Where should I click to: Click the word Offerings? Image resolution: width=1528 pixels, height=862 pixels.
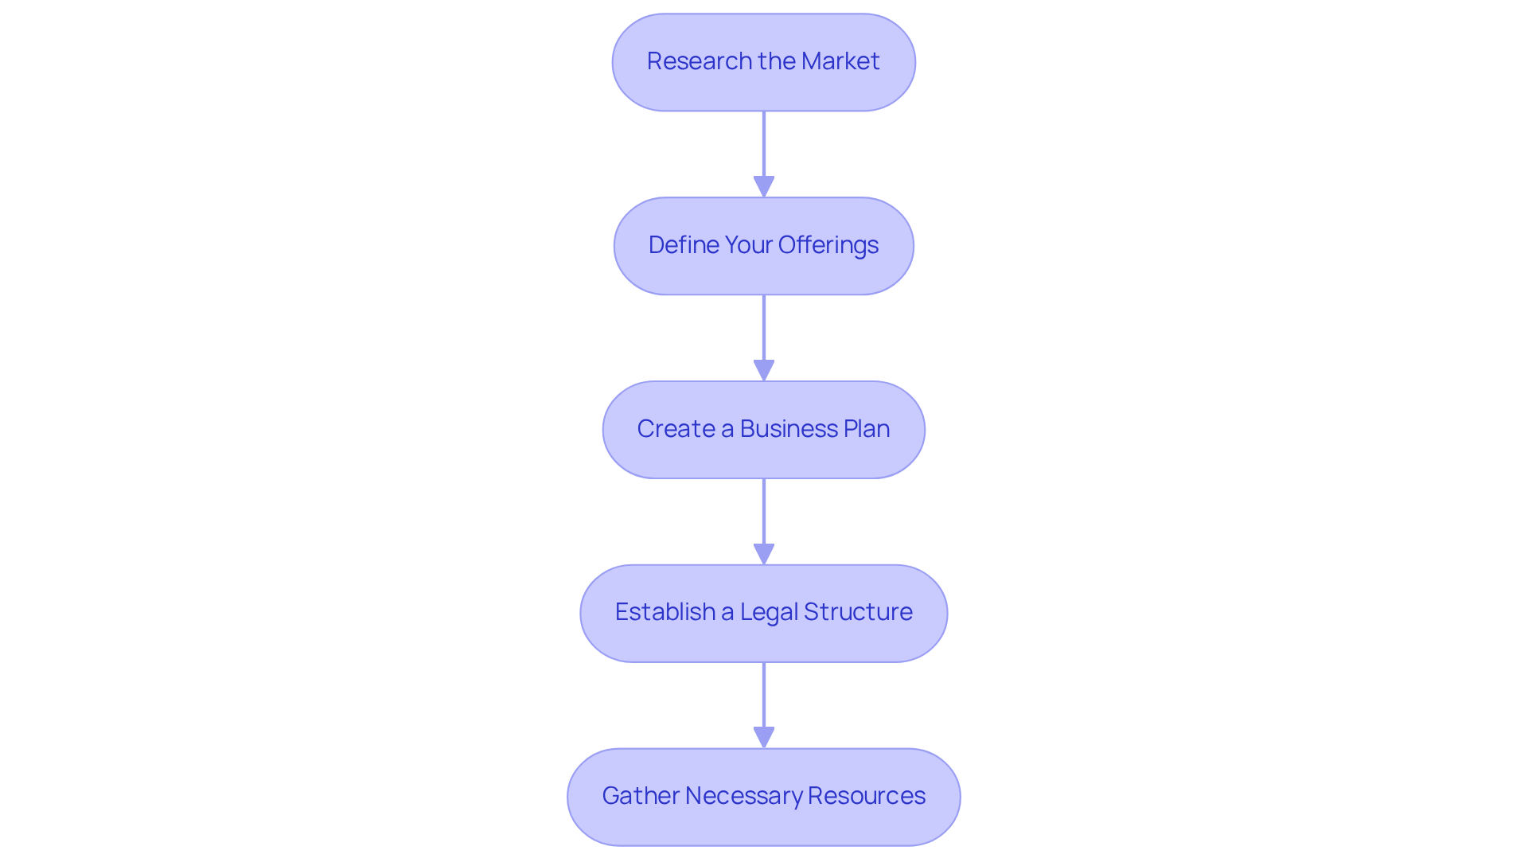pos(828,245)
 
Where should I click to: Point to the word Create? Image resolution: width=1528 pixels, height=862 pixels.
pos(676,429)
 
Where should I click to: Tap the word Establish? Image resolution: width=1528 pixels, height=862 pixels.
pos(665,612)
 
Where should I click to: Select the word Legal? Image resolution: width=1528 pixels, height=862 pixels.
pos(769,612)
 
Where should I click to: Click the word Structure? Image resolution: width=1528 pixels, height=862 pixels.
pos(858,612)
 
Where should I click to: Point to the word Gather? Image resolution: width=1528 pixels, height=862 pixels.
pos(640,796)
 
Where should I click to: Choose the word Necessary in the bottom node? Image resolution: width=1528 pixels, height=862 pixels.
pos(743,796)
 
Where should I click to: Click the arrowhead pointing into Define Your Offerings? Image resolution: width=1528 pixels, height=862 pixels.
pos(764,187)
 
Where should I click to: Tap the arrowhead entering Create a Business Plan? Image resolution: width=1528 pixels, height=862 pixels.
pos(764,371)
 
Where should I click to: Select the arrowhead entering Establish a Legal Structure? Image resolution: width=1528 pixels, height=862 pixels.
pos(764,555)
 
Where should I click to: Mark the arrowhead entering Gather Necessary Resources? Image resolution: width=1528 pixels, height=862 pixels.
pos(764,738)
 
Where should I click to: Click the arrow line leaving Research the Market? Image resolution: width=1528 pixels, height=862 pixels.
pos(764,143)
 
